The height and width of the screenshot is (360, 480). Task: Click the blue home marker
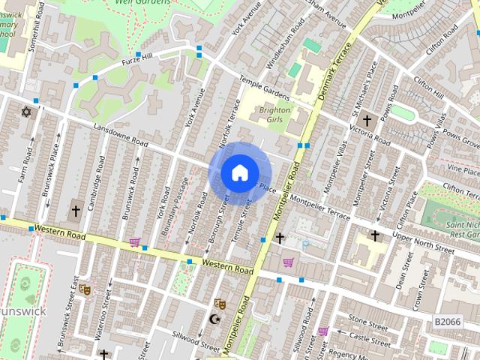tap(238, 173)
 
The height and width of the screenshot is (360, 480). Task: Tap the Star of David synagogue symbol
tap(26, 112)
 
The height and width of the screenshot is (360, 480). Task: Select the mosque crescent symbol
tap(214, 319)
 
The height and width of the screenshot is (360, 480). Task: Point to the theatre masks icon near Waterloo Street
tap(84, 287)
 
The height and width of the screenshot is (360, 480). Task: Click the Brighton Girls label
tap(274, 113)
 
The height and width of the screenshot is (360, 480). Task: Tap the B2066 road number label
tap(448, 321)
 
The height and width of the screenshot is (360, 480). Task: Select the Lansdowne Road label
tap(120, 136)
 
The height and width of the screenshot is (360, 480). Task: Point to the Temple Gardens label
tap(263, 89)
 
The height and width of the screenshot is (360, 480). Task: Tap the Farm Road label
tap(27, 170)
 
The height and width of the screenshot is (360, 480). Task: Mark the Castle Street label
tap(368, 340)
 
